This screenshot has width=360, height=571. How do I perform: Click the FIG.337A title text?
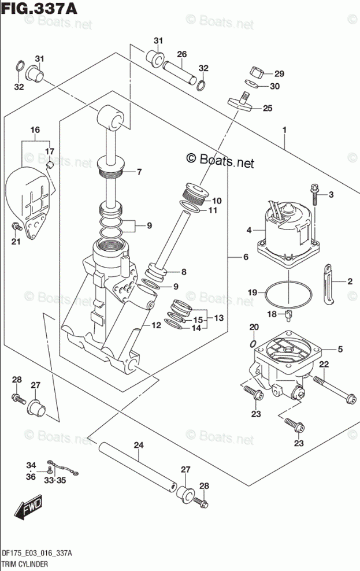39,8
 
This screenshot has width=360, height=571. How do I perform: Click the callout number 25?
268,108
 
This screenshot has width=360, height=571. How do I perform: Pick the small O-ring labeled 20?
254,343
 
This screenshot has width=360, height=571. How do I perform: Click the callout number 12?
156,325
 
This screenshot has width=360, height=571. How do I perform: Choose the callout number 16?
35,130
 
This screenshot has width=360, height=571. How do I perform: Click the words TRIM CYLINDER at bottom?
25,564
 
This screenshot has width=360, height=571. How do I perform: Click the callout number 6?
246,257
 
